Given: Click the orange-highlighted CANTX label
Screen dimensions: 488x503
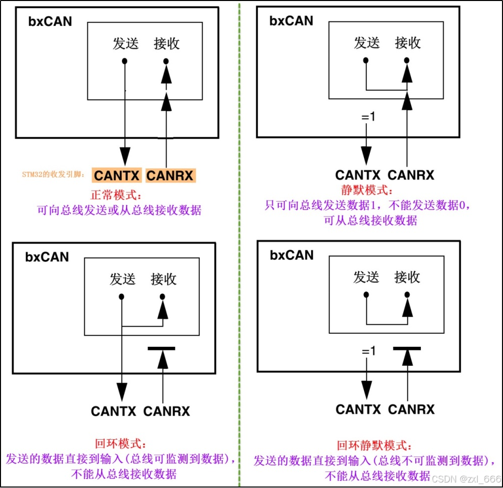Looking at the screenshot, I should [117, 175].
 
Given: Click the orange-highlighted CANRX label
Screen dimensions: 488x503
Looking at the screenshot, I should [170, 175].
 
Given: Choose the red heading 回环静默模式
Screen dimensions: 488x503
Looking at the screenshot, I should [374, 445].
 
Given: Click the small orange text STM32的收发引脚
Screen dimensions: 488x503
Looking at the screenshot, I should [53, 175].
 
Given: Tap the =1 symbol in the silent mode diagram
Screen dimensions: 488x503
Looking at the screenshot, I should [367, 118].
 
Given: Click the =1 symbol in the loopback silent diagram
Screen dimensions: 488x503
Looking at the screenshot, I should [368, 352].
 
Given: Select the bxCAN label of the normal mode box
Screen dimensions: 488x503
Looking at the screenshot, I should [49, 21].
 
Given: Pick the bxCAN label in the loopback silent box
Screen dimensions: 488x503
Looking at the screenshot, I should [292, 255].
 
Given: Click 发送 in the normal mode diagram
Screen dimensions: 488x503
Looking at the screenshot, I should [125, 44].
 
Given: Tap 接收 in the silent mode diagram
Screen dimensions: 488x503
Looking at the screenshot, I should [408, 43].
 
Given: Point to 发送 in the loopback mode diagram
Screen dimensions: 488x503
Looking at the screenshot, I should [123, 279].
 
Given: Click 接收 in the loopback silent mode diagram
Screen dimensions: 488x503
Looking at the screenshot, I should [407, 277].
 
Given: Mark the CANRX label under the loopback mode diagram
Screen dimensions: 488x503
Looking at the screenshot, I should [167, 411].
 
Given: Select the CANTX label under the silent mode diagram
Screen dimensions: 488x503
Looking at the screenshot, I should [357, 175].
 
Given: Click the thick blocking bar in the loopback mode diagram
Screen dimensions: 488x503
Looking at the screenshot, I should [162, 348].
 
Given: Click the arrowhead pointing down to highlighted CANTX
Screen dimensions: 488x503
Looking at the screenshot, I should [125, 154].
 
